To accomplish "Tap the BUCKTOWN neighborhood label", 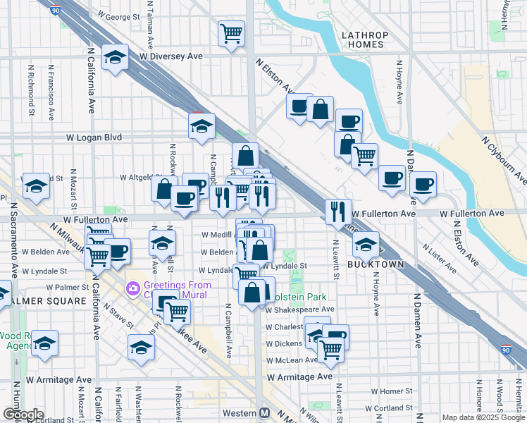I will click(376, 264).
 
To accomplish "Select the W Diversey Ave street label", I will click(171, 56).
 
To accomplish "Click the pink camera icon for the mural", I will click(132, 289).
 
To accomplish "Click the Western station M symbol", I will click(266, 412).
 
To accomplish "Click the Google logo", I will click(23, 415).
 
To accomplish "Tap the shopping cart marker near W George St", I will click(231, 32).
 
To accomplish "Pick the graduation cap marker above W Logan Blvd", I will click(201, 126).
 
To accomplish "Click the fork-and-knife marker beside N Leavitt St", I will click(338, 211).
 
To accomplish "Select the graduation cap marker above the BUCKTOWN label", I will click(366, 244).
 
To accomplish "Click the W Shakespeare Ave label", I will click(299, 309).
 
